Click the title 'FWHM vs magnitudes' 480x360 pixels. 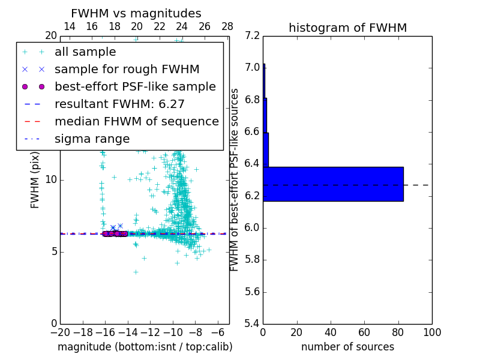[x=136, y=13]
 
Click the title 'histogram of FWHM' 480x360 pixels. [x=347, y=28]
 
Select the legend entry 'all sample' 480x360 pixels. [x=85, y=52]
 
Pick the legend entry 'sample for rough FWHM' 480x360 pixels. [x=127, y=70]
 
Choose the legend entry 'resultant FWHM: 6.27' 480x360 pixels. [x=119, y=104]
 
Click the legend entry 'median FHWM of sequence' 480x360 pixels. [x=136, y=121]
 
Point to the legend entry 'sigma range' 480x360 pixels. [x=92, y=139]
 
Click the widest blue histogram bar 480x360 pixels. [x=333, y=184]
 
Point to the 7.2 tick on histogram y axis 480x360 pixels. [x=253, y=35]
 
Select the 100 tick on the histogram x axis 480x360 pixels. [x=432, y=333]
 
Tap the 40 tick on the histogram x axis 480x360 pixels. [x=331, y=333]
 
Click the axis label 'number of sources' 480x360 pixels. [x=347, y=347]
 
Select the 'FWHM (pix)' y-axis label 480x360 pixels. [x=35, y=179]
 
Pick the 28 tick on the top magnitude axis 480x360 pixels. [x=227, y=26]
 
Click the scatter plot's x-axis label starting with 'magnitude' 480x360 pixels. [x=145, y=347]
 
